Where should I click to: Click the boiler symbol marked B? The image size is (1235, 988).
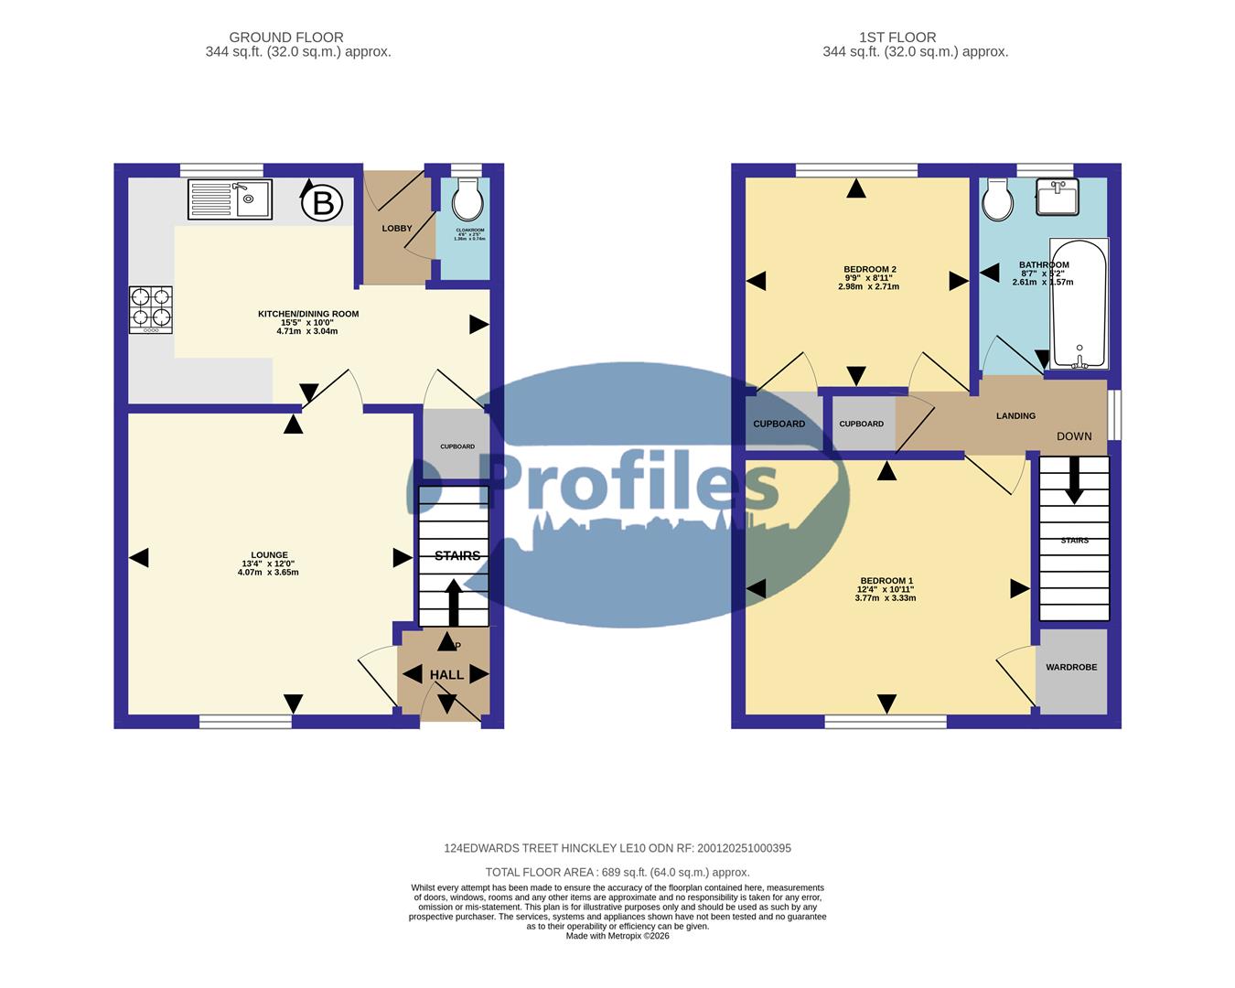323,201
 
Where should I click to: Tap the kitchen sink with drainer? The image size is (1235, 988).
230,199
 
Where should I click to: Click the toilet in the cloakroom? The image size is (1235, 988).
467,196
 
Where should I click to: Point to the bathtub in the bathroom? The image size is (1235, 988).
1079,304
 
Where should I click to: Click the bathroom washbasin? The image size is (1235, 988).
1058,196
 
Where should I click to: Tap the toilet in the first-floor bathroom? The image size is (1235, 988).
996,198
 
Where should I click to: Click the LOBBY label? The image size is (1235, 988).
397,229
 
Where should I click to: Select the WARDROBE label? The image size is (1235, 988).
1071,668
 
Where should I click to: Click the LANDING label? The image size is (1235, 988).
1015,416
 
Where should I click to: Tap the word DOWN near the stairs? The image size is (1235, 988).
1074,436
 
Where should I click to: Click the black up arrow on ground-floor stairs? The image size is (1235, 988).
453,601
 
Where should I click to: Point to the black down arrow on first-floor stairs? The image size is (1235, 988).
1074,480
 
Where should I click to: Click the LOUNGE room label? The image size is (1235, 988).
270,555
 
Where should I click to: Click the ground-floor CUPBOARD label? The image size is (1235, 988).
457,446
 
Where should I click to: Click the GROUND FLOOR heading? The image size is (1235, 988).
286,38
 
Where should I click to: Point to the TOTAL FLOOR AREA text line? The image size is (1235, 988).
617,873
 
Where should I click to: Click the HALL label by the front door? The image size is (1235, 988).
447,675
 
